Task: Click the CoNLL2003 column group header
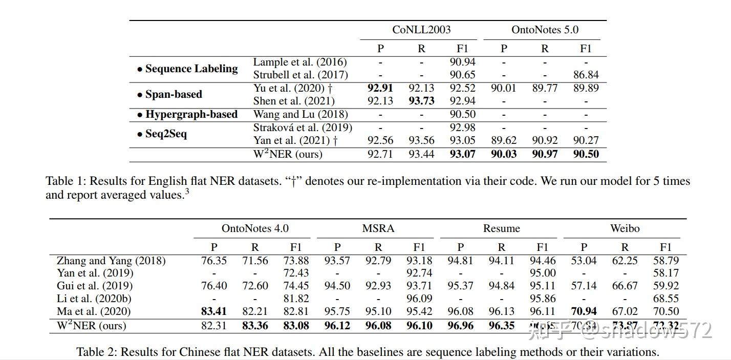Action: [x=421, y=30]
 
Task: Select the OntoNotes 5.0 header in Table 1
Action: [x=545, y=30]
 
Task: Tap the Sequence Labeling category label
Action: [x=187, y=69]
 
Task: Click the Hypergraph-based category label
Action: [x=187, y=114]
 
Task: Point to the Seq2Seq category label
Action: [x=162, y=134]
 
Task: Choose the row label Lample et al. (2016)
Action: [x=300, y=62]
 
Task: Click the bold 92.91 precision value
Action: [x=380, y=88]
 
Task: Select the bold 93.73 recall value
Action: [x=421, y=101]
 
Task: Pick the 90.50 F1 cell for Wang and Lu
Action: [x=462, y=114]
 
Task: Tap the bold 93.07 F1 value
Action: [x=462, y=154]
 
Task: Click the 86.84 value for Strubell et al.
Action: [x=586, y=75]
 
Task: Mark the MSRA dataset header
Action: [x=378, y=228]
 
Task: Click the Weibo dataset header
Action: [x=625, y=228]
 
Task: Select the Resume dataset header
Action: [x=501, y=228]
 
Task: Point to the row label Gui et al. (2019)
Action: [x=95, y=286]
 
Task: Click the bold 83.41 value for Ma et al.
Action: [x=214, y=311]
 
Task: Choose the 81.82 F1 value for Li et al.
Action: [x=296, y=299]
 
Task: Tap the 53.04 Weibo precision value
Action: [x=584, y=261]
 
